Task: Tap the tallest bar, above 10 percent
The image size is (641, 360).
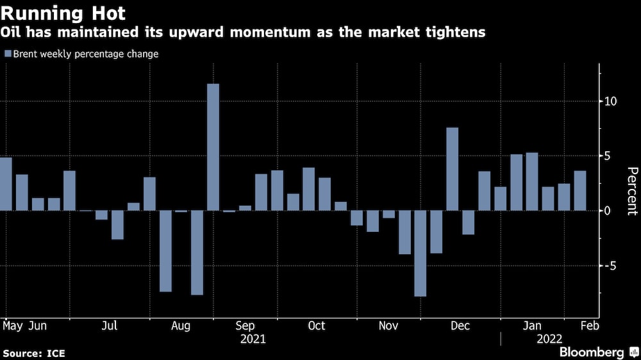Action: [213, 147]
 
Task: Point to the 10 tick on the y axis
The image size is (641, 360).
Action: [610, 101]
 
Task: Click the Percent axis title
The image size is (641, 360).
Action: [632, 191]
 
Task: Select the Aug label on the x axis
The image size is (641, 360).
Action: [181, 326]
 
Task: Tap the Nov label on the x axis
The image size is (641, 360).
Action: [388, 326]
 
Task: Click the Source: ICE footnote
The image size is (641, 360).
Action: [34, 353]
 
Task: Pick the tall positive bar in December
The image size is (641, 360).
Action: [452, 169]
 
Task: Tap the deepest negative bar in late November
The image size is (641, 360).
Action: [420, 253]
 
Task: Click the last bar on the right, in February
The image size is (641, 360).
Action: [579, 190]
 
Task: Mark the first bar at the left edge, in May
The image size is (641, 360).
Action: [6, 184]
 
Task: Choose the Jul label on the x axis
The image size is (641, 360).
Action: [110, 326]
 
